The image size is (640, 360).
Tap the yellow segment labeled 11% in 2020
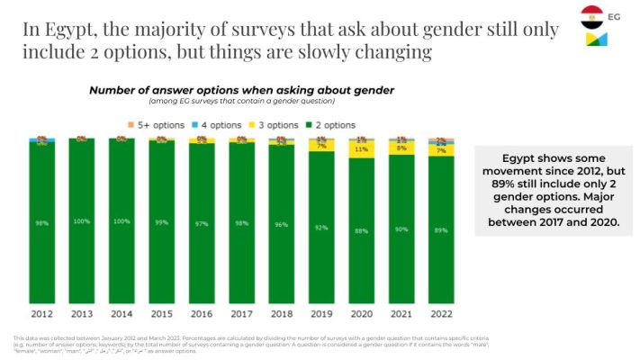360,150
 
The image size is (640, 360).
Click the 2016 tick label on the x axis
201,315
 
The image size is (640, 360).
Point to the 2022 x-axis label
441,315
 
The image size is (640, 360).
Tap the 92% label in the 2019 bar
320,228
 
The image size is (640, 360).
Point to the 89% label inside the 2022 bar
440,230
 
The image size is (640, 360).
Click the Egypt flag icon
591,15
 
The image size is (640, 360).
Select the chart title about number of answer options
240,91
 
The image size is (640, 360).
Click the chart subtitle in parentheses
240,102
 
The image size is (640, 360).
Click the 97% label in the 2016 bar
201,222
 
